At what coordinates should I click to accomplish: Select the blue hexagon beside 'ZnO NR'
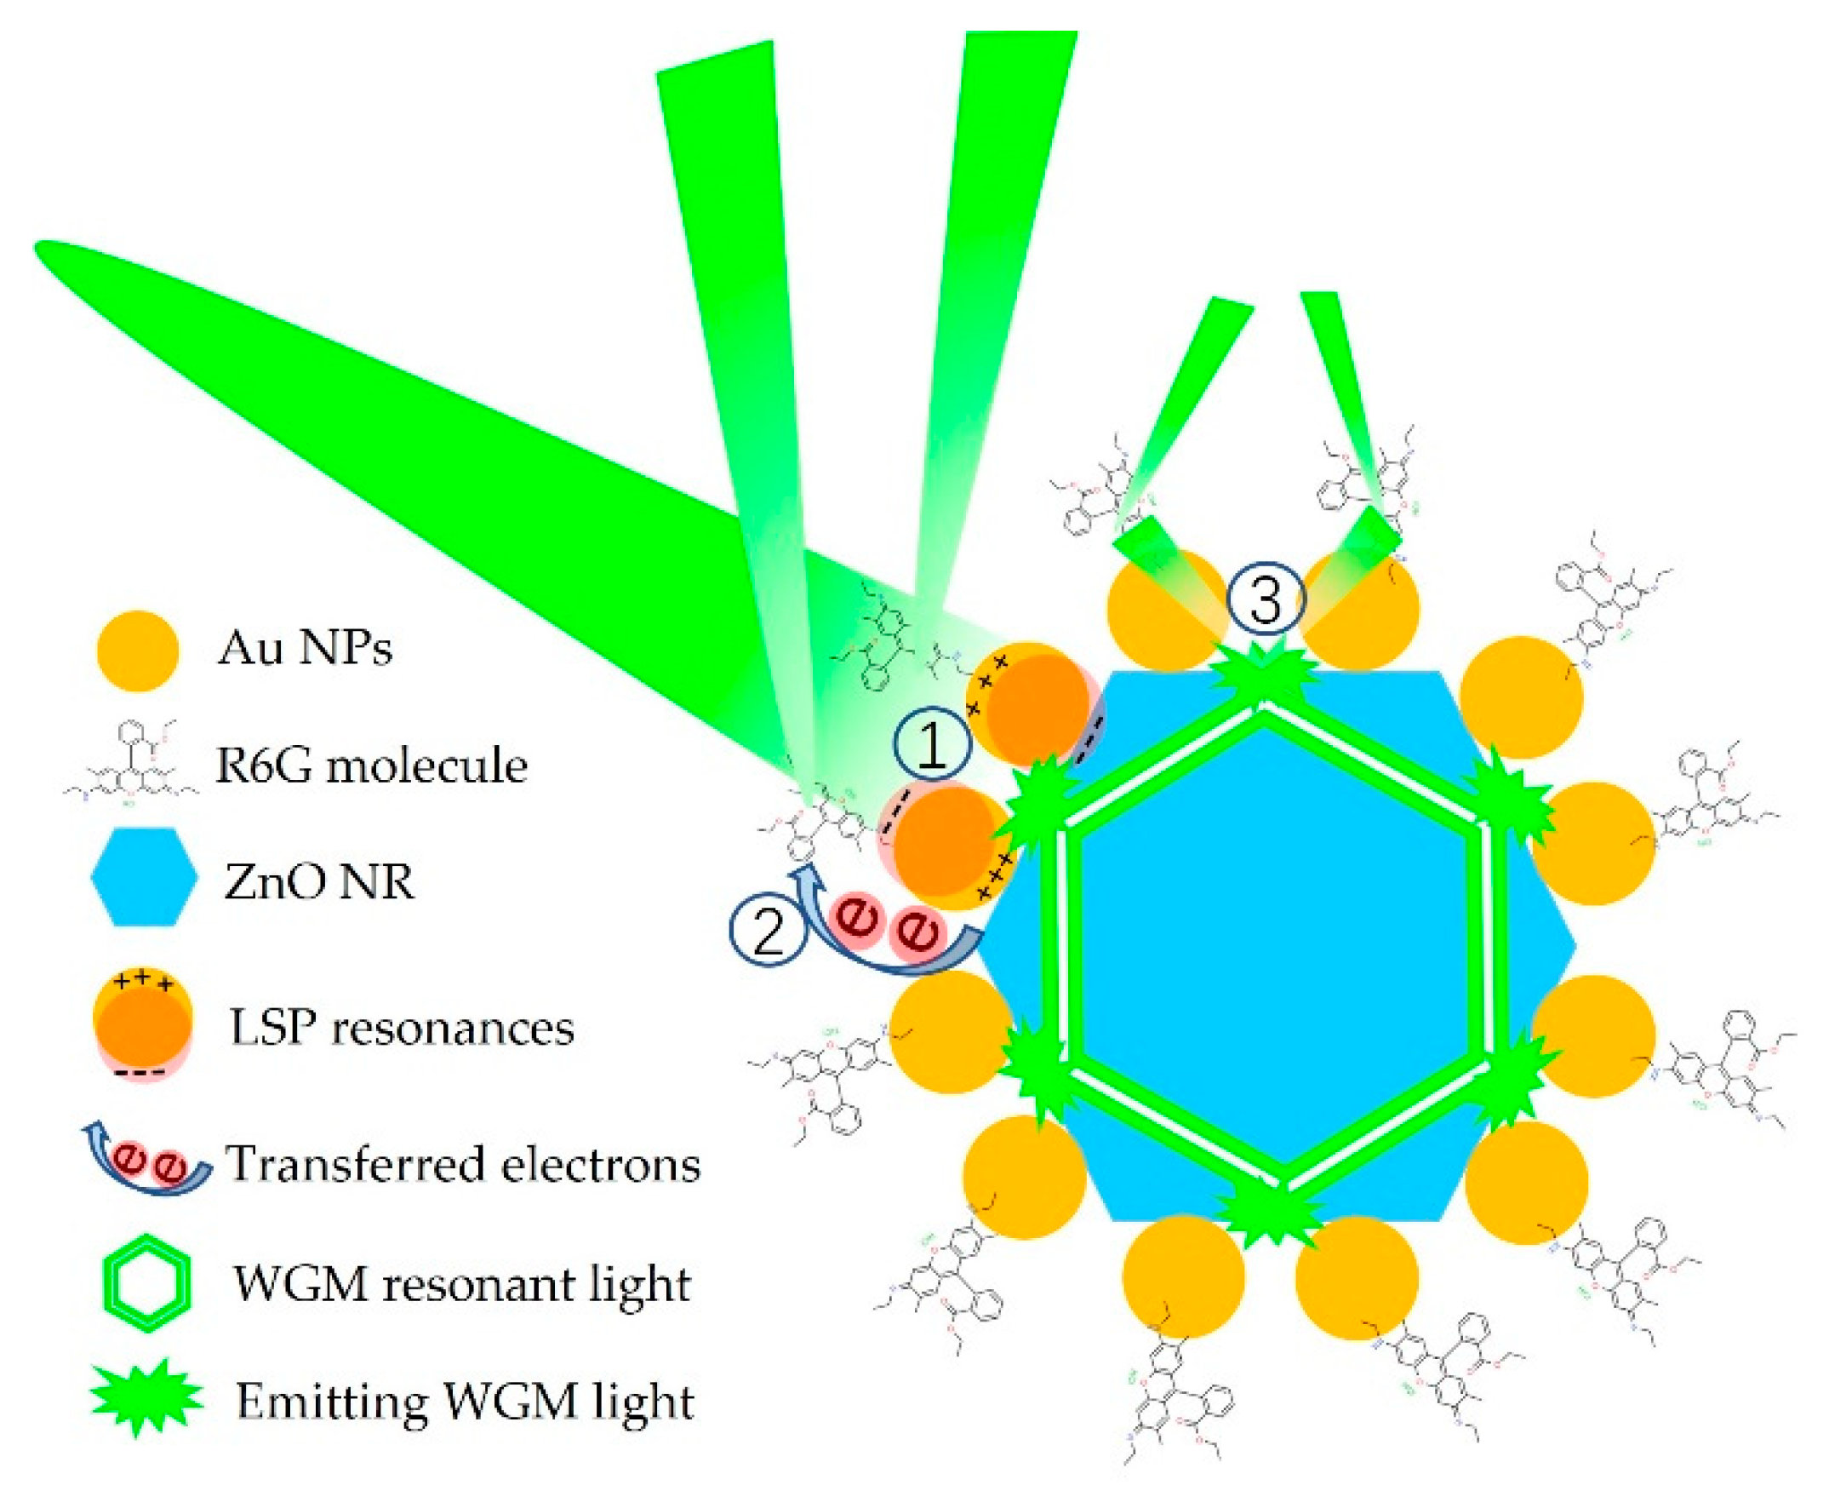pos(145,876)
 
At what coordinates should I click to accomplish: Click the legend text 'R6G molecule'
pos(371,765)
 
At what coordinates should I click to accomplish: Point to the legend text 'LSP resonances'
pos(402,1027)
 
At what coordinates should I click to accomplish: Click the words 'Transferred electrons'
pos(463,1164)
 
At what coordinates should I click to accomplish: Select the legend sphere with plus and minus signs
pos(143,1027)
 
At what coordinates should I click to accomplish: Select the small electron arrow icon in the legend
pos(146,1164)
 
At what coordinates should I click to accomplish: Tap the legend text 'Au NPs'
pos(305,648)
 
